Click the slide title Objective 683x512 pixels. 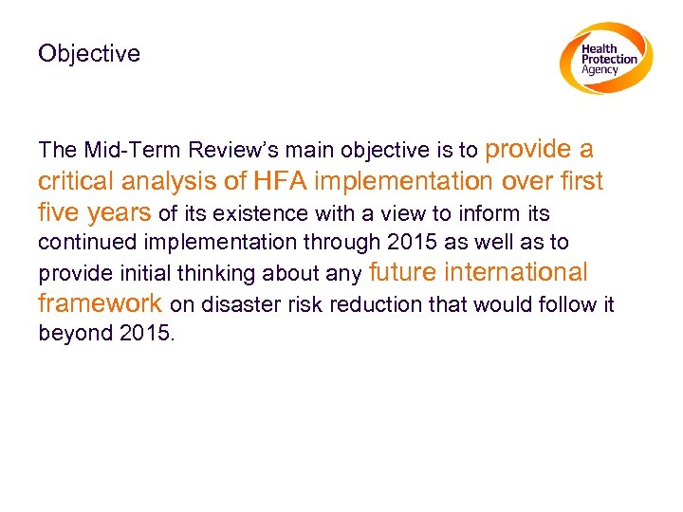click(x=88, y=54)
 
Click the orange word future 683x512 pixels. click(x=404, y=272)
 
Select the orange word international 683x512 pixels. click(x=518, y=272)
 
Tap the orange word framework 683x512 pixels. click(x=100, y=303)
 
